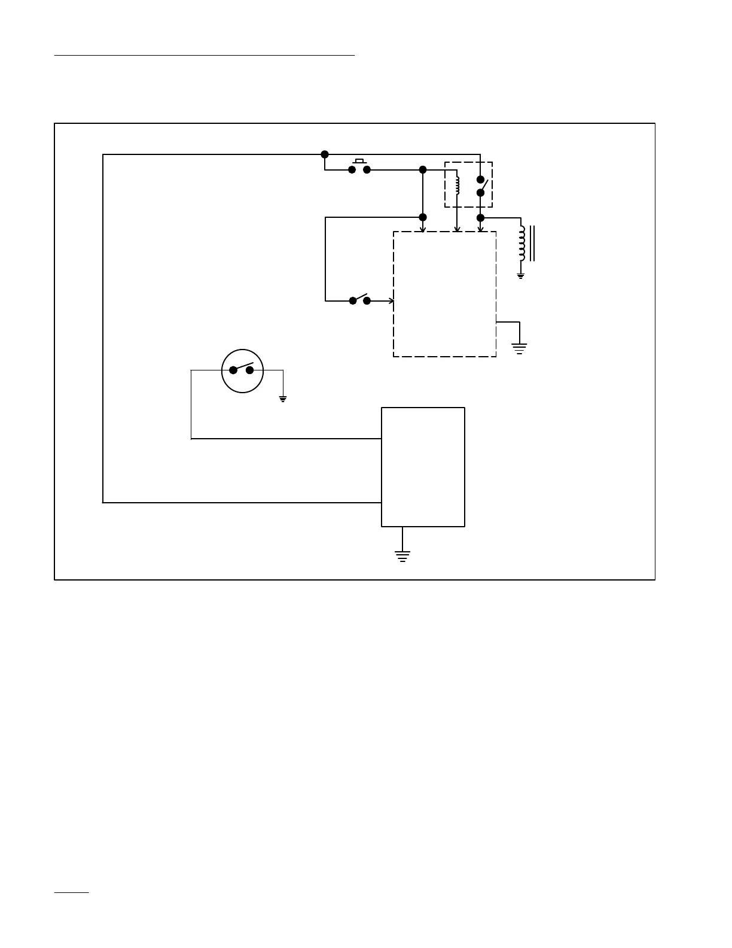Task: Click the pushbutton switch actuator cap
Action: [x=359, y=160]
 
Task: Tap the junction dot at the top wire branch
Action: [x=325, y=154]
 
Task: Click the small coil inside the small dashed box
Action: [x=457, y=185]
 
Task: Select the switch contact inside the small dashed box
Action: [x=482, y=186]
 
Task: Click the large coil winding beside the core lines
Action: [x=522, y=244]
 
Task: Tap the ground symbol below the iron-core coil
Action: [x=521, y=276]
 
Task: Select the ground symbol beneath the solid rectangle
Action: [x=402, y=557]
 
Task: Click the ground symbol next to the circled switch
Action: [x=283, y=399]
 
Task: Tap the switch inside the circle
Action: [x=242, y=369]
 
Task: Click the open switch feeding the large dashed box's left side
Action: [x=359, y=300]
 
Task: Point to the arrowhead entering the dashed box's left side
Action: [x=391, y=300]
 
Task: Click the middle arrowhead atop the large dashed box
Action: [x=457, y=229]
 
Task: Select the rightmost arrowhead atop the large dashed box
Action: [x=480, y=229]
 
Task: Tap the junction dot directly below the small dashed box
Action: [x=480, y=218]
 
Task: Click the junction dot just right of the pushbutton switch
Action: [x=423, y=170]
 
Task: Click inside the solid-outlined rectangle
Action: [x=423, y=467]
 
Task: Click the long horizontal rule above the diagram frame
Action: [x=205, y=55]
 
